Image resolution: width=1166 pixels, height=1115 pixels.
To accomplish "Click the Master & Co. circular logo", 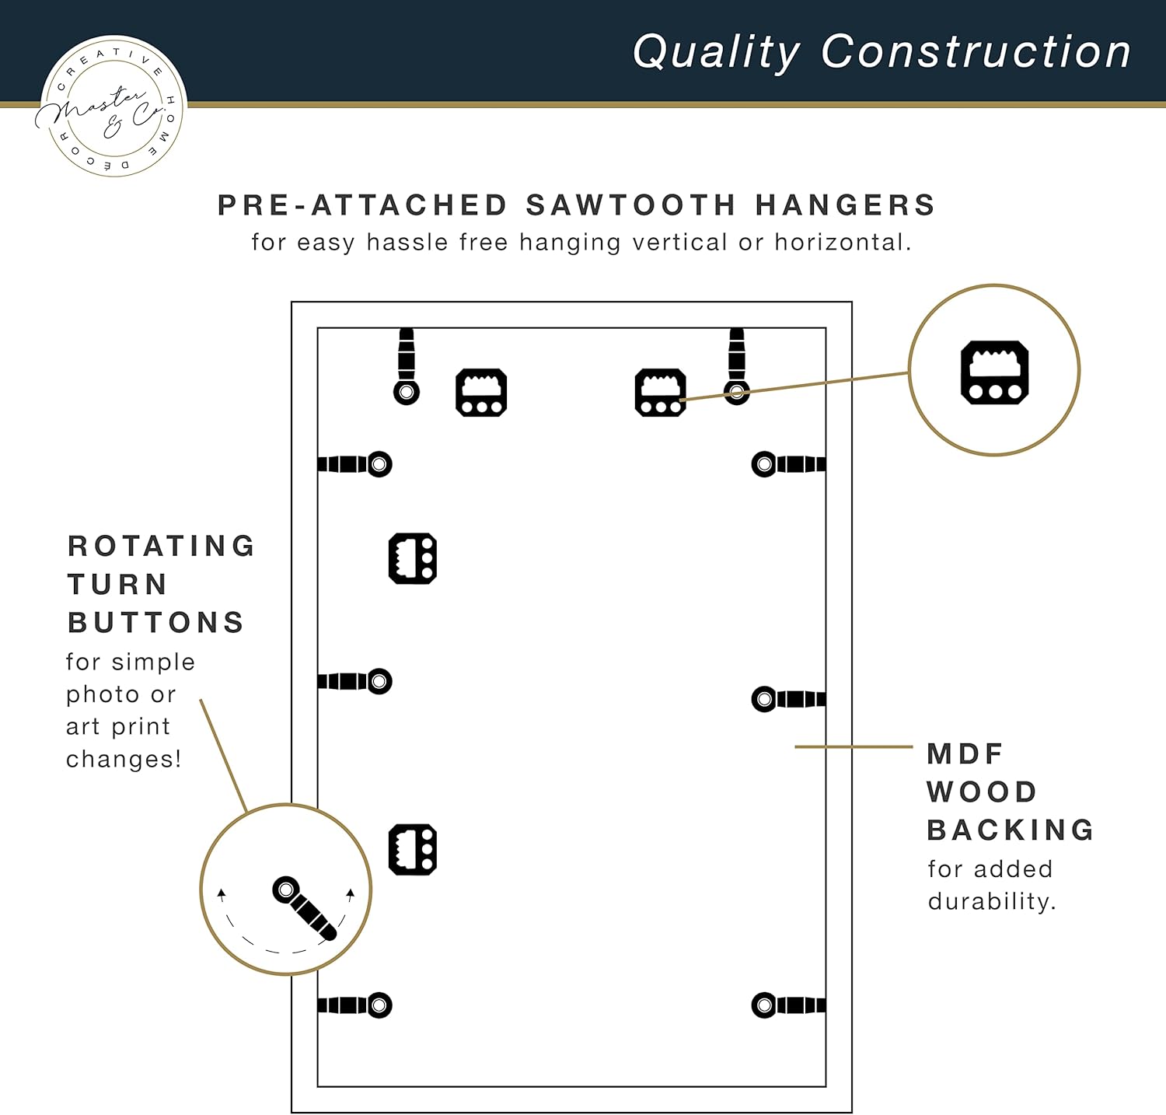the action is [110, 107].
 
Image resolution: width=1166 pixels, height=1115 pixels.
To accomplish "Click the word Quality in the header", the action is [716, 53].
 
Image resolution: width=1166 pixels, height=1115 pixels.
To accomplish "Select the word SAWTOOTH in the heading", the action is [630, 205].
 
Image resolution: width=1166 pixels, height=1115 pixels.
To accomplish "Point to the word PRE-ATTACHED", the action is [362, 205].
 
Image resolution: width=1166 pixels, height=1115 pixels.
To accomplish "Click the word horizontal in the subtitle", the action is [842, 242].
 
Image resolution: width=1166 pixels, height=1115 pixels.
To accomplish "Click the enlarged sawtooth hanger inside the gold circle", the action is [995, 372].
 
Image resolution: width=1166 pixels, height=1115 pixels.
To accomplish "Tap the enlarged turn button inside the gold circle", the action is [305, 908].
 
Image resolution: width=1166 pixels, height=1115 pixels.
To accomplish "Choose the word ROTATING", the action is [162, 546].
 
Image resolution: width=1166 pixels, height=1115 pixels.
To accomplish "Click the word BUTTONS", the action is [156, 623].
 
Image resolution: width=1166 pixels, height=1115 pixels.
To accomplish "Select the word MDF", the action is [965, 753].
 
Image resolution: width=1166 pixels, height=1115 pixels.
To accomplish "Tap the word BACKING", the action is [1011, 830].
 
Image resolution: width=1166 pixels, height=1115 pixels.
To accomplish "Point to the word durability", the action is [992, 901].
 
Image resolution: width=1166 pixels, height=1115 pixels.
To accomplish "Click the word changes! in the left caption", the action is [124, 758].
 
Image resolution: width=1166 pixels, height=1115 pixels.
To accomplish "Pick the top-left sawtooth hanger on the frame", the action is [481, 393].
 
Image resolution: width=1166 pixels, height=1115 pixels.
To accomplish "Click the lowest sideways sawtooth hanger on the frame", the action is [413, 850].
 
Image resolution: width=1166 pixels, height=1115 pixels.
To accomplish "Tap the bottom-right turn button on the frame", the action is [789, 1005].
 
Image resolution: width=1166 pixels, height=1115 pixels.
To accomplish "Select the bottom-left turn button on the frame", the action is [355, 1005].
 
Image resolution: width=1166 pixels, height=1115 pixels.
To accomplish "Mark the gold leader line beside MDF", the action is [854, 747].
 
